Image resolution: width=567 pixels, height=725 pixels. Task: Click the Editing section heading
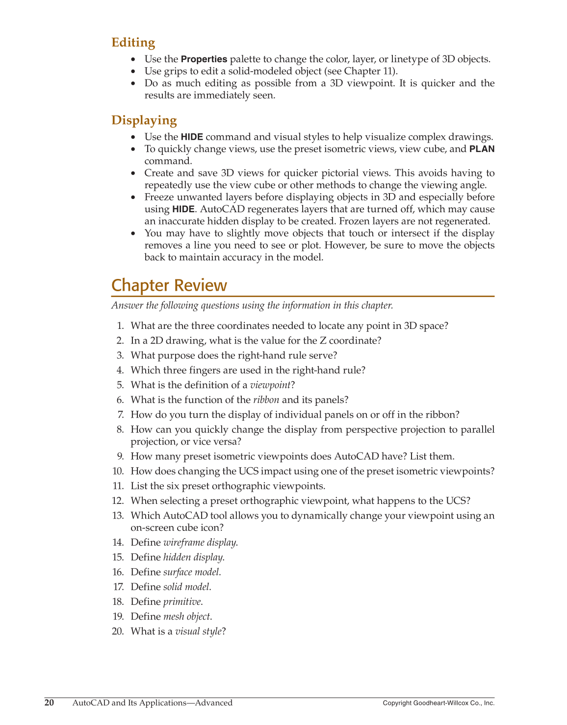(x=133, y=43)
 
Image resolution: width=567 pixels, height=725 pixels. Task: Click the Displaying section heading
(x=144, y=120)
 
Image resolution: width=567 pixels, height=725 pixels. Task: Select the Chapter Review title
(x=169, y=285)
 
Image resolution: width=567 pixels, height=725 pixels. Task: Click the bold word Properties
(x=204, y=59)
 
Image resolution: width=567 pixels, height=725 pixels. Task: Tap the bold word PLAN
(x=482, y=149)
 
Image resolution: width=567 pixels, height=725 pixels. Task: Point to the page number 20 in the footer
(x=49, y=703)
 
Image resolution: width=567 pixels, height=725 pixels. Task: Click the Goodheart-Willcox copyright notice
(x=438, y=703)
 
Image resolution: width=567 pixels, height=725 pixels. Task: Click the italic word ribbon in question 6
(x=266, y=400)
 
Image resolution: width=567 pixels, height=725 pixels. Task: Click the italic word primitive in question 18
(x=182, y=601)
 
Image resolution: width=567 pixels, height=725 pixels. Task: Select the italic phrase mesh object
(x=187, y=616)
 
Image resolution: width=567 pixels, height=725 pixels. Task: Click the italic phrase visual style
(x=199, y=631)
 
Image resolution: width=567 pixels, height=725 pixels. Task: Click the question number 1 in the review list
(x=120, y=326)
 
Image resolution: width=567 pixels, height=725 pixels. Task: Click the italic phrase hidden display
(x=193, y=557)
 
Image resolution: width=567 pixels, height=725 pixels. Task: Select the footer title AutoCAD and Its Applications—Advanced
(x=152, y=703)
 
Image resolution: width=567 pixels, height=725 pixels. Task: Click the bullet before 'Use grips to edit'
(x=134, y=72)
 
